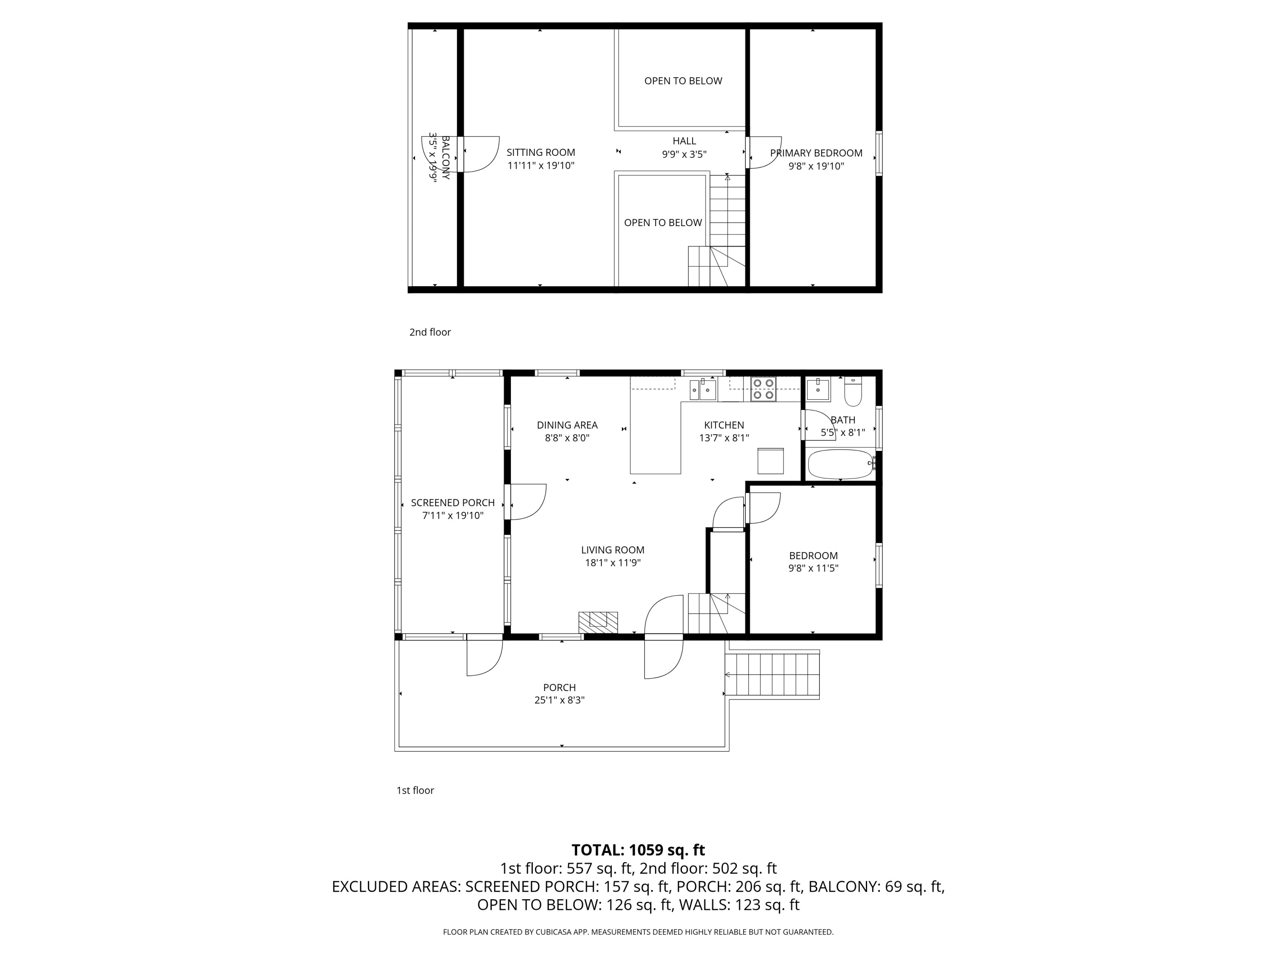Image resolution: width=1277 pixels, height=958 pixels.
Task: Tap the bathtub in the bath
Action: point(841,464)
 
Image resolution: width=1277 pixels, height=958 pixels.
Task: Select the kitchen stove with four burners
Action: point(763,389)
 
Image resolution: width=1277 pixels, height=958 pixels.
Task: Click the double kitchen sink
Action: point(703,389)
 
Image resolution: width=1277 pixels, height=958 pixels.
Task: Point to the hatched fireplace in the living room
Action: point(598,621)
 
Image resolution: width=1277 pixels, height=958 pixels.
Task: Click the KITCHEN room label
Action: point(724,425)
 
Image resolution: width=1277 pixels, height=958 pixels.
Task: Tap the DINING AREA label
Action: point(567,425)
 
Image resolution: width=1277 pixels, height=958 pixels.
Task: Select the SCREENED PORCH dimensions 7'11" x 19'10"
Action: point(452,516)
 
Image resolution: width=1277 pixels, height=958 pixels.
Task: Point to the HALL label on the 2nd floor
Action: point(684,141)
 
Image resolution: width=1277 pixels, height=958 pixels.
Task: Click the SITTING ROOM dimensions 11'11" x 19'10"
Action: point(541,166)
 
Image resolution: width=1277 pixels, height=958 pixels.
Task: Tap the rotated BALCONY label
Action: point(445,158)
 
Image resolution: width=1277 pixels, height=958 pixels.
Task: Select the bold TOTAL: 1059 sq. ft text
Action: point(638,850)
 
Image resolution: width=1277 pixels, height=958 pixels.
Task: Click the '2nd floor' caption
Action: point(430,332)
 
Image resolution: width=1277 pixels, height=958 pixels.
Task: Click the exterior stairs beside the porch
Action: point(773,674)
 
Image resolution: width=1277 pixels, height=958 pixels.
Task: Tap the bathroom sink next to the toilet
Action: point(818,390)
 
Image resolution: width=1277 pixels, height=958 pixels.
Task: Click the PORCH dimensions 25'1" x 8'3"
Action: point(559,700)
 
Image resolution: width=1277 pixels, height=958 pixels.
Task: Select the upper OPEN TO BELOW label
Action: point(683,81)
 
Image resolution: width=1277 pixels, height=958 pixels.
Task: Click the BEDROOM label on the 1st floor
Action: point(813,556)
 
